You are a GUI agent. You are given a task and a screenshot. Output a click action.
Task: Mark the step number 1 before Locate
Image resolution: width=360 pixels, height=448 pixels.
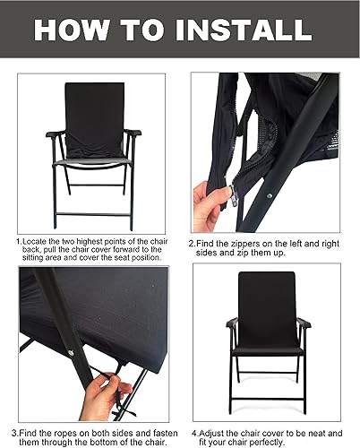(17, 240)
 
